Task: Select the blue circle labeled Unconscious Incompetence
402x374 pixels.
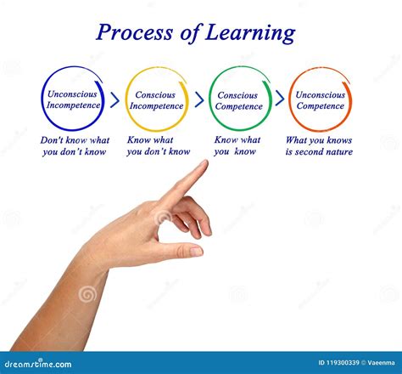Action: [x=72, y=99]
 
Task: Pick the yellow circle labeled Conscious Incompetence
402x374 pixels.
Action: [x=157, y=99]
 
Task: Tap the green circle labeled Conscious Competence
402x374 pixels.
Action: [x=239, y=99]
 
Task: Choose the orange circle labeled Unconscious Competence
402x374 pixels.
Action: [x=320, y=99]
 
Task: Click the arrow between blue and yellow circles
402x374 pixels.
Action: [x=114, y=99]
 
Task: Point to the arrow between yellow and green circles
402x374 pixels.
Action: [x=199, y=99]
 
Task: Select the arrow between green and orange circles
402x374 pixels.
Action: [x=280, y=99]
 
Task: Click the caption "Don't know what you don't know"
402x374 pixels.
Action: [x=75, y=146]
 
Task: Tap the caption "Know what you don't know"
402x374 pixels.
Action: [x=159, y=146]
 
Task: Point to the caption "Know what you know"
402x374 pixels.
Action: [x=237, y=146]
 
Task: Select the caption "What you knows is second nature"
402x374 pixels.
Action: [x=319, y=146]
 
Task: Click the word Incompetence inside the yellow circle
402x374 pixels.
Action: [x=157, y=106]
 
